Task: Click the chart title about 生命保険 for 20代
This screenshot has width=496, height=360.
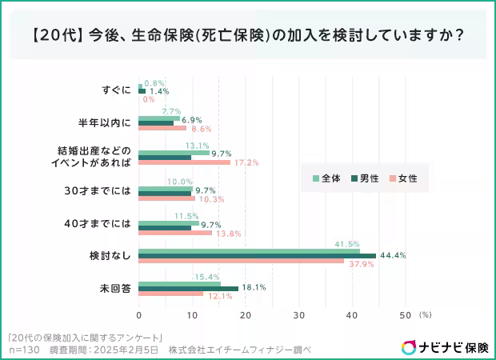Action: pos(248,37)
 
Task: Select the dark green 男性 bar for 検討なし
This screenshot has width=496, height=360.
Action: pos(256,255)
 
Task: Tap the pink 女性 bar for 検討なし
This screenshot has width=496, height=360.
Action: pos(240,261)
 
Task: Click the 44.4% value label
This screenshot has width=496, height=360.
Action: pos(393,255)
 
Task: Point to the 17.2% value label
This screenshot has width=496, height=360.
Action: pos(246,162)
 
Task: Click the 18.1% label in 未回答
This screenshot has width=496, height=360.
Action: pos(254,287)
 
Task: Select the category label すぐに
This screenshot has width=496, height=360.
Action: pos(118,90)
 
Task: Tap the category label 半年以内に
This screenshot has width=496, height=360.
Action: pos(104,122)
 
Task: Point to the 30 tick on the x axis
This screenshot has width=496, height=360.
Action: pos(298,314)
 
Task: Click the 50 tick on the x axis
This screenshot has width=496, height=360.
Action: pos(405,314)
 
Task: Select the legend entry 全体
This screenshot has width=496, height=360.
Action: pos(326,178)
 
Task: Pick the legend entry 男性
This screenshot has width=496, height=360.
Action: pos(364,178)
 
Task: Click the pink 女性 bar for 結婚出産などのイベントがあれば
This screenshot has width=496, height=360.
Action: pos(184,162)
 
